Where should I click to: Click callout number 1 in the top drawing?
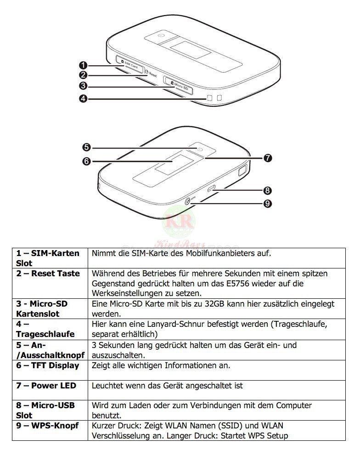[84, 65]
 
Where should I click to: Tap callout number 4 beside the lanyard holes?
[84, 98]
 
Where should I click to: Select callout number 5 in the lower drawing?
[87, 147]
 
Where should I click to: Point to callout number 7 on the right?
[268, 158]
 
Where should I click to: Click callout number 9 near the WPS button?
[268, 204]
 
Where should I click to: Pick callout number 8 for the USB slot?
[268, 190]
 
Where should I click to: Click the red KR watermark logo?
[179, 220]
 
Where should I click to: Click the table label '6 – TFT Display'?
[48, 365]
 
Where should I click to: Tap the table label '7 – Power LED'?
[46, 386]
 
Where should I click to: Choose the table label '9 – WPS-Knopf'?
[48, 426]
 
